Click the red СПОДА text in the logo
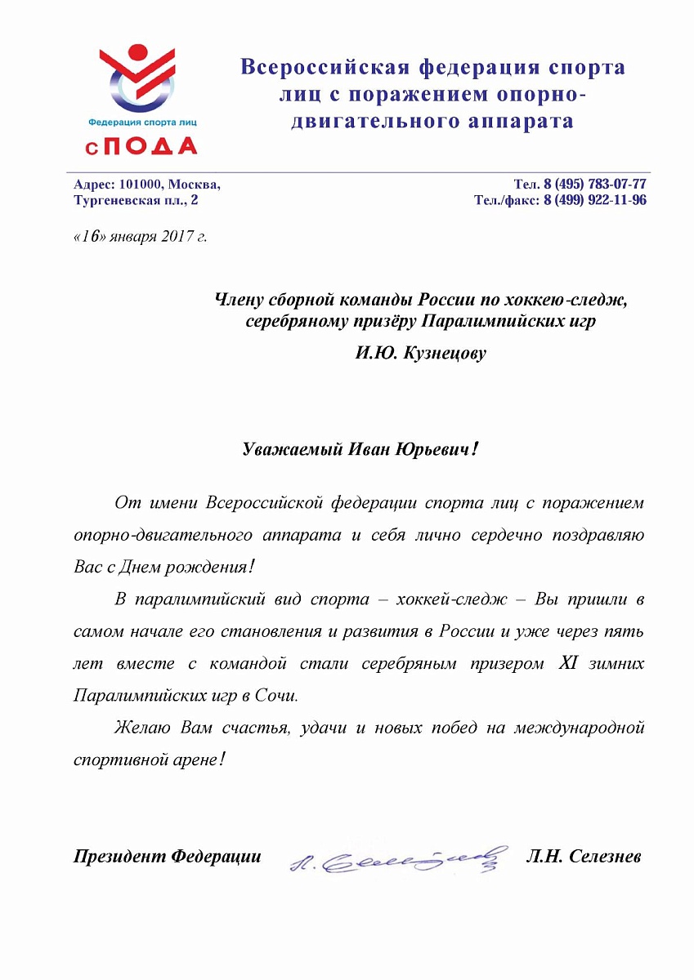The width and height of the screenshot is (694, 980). pyautogui.click(x=143, y=145)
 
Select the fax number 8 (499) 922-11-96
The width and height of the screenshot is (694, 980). pyautogui.click(x=595, y=200)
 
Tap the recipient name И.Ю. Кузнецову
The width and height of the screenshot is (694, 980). pyautogui.click(x=421, y=354)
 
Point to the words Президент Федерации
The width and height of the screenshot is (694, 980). pyautogui.click(x=168, y=857)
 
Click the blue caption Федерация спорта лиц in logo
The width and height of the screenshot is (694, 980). pyautogui.click(x=142, y=121)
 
